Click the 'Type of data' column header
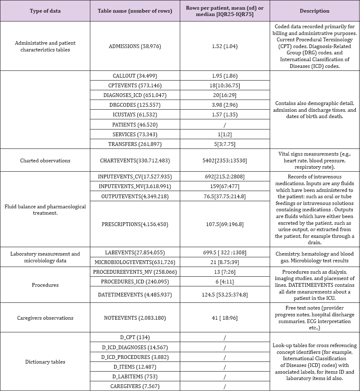pos(45,11)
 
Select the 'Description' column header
pos(314,11)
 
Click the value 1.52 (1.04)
pos(225,46)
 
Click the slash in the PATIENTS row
pos(225,125)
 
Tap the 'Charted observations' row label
pos(45,160)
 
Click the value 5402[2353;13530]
pos(225,160)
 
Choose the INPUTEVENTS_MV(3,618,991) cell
pos(135,186)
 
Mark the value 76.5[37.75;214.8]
pos(225,196)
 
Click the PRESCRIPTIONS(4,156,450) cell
pos(135,224)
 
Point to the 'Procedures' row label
pos(45,285)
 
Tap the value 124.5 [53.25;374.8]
pos(225,294)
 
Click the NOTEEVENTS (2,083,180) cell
pos(135,318)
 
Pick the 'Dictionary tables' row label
pos(45,361)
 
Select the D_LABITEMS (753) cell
pos(135,376)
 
